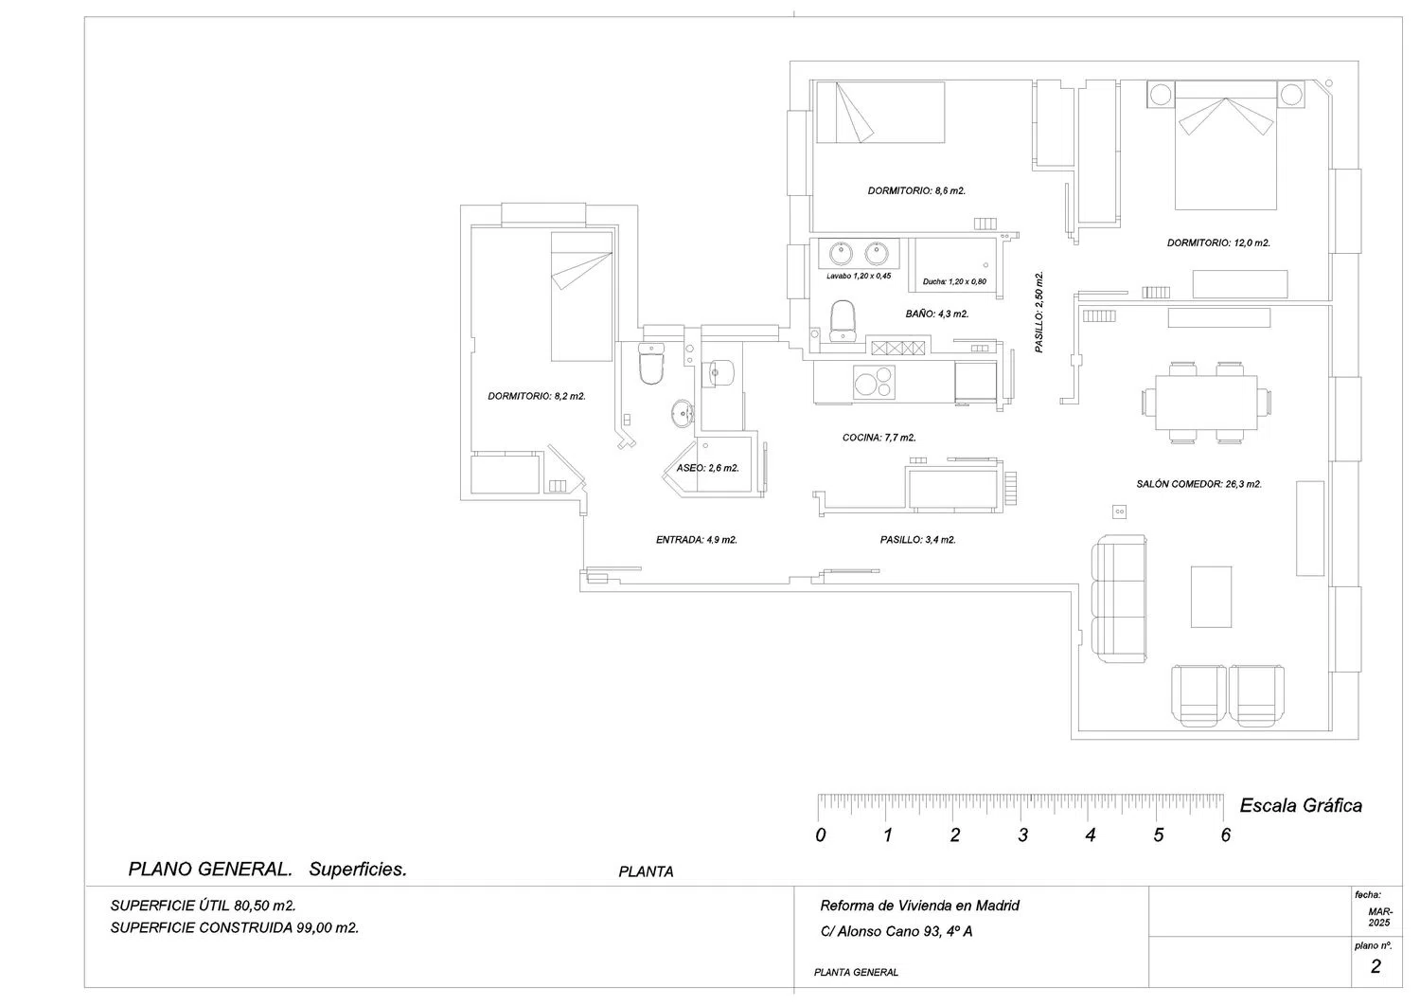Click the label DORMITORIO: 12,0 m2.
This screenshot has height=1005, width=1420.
pos(1218,243)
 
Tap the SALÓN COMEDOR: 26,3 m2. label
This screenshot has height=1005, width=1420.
pos(1198,484)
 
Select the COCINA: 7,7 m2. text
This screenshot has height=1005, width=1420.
pos(879,438)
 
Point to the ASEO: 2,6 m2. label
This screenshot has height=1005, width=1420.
pos(707,468)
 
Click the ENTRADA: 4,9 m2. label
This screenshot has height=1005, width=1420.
pos(696,540)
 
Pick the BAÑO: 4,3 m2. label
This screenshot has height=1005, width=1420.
pos(937,314)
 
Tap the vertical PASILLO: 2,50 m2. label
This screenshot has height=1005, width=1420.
pos(1038,313)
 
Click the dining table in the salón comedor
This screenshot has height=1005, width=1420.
pos(1206,403)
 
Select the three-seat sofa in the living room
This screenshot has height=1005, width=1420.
pos(1119,599)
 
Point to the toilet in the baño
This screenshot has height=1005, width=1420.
pos(843,321)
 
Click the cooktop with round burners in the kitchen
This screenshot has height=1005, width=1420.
pos(874,383)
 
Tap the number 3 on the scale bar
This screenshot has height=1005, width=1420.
pos(1022,835)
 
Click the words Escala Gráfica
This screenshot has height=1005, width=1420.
pos(1301,806)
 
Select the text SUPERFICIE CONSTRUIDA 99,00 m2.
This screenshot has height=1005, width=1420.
pos(235,927)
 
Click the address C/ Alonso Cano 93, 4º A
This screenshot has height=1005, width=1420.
pos(896,931)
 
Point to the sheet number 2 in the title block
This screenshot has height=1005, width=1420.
pos(1375,966)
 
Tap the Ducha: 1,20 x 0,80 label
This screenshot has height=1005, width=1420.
pos(954,281)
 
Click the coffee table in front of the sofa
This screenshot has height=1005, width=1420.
pos(1211,597)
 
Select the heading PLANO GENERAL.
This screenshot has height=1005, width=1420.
pos(210,870)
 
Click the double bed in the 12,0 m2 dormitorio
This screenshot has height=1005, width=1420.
pos(1225,145)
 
